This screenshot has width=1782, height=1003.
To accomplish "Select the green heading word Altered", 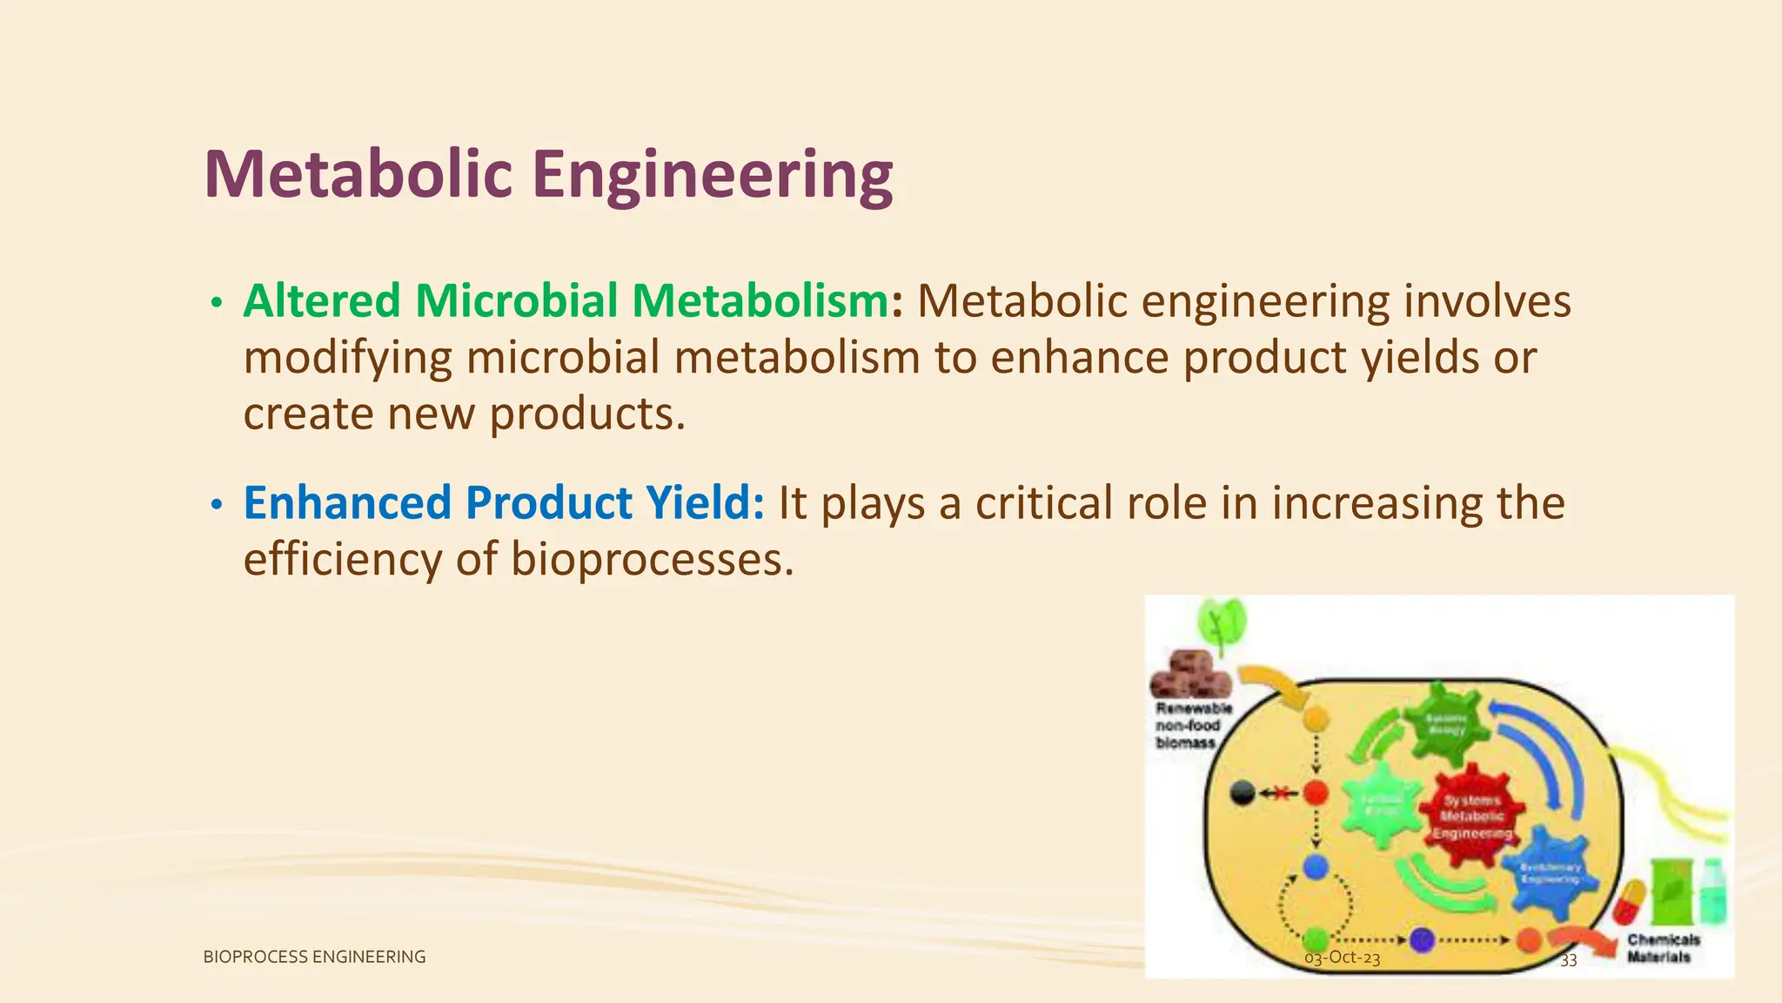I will click(321, 301).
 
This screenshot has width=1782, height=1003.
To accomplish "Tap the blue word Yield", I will click(704, 503).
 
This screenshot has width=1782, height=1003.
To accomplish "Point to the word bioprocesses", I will click(652, 559).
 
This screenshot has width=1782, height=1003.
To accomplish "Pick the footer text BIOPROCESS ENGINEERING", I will click(314, 957).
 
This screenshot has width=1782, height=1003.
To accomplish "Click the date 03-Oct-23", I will click(1342, 959).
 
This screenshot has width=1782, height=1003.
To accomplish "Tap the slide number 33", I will click(1568, 960).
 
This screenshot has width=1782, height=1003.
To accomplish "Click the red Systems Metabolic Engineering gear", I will click(1472, 815).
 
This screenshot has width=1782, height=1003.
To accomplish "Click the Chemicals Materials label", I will click(1662, 948).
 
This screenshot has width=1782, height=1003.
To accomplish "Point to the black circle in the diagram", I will click(1243, 793).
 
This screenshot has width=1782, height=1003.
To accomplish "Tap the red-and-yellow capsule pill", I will click(1630, 903).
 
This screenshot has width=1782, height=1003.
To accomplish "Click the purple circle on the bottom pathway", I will click(1421, 940).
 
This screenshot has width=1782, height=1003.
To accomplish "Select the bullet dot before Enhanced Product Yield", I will click(217, 505).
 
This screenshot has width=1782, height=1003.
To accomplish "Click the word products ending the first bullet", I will click(586, 414).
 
